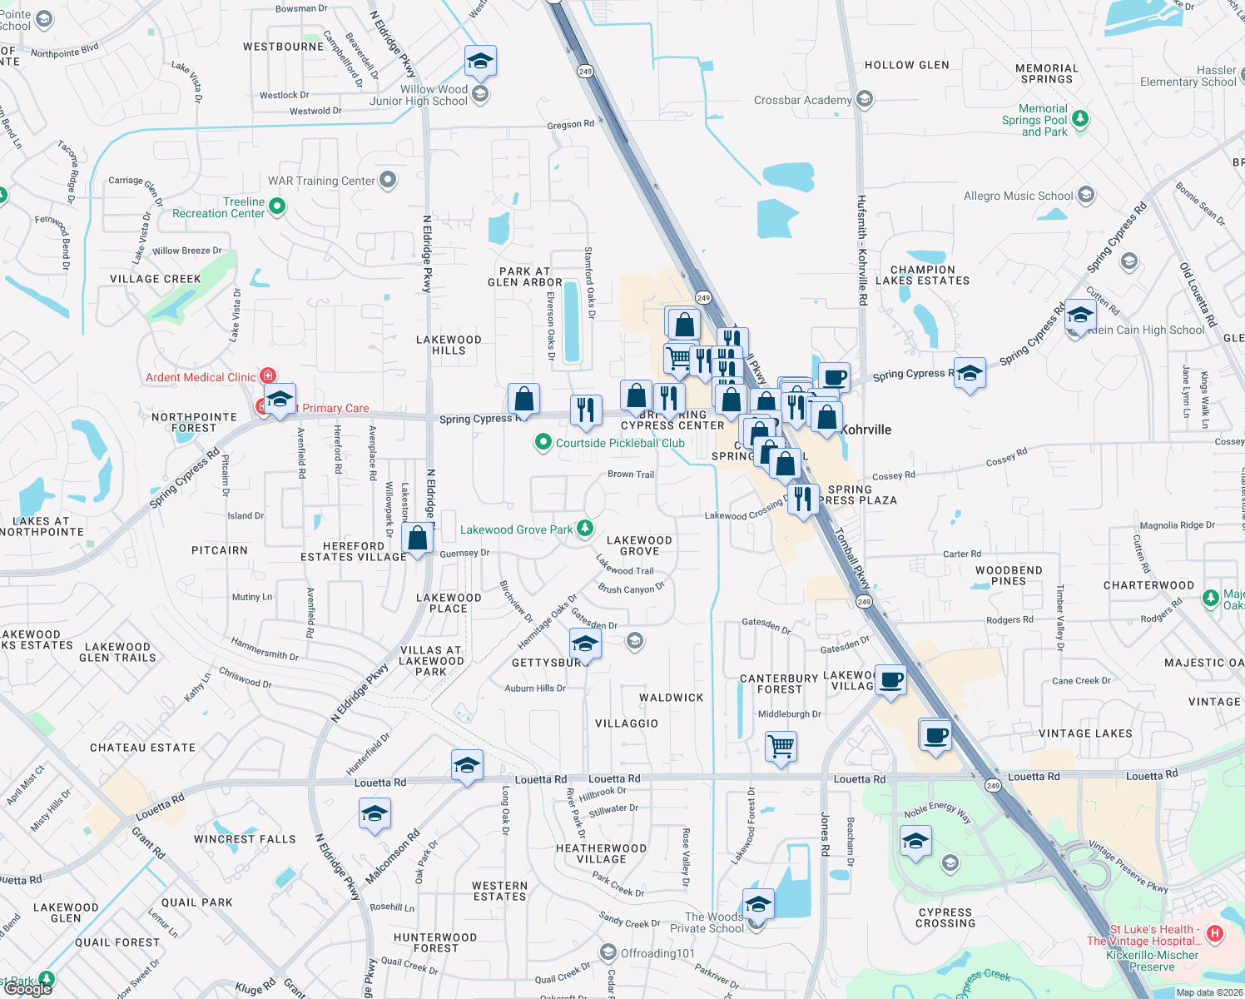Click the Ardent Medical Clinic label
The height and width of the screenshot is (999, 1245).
pyautogui.click(x=201, y=377)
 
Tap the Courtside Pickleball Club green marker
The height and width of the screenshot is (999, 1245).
pyautogui.click(x=543, y=442)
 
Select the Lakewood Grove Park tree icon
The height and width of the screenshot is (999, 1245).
pyautogui.click(x=585, y=529)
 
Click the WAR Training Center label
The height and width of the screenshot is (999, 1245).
pyautogui.click(x=321, y=181)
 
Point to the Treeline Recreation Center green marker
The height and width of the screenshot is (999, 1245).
pyautogui.click(x=277, y=206)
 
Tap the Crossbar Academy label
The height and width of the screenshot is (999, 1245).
pyautogui.click(x=802, y=100)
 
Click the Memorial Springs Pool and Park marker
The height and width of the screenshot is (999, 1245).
pyautogui.click(x=1080, y=119)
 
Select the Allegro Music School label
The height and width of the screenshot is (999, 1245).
pyautogui.click(x=1018, y=196)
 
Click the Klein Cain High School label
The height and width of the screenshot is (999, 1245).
pyautogui.click(x=1146, y=330)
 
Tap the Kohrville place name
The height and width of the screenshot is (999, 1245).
pyautogui.click(x=866, y=430)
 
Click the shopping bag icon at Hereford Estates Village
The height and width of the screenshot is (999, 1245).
pyautogui.click(x=418, y=539)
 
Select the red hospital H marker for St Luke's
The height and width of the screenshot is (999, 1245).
pyautogui.click(x=1214, y=933)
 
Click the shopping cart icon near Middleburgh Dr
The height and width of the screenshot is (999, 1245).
pyautogui.click(x=781, y=746)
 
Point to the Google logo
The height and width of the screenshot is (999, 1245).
pyautogui.click(x=28, y=988)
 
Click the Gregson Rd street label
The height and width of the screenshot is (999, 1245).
pyautogui.click(x=570, y=125)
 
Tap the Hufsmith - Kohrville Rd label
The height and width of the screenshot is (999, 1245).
pyautogui.click(x=862, y=250)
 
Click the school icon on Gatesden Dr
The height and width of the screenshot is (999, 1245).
pyautogui.click(x=585, y=644)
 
